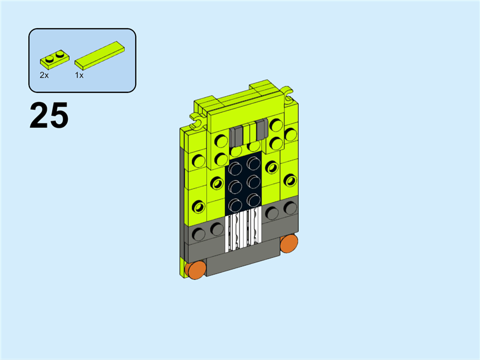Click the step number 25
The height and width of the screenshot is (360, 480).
tap(49, 115)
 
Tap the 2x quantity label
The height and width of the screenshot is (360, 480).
tap(44, 76)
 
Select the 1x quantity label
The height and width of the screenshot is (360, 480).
tap(79, 76)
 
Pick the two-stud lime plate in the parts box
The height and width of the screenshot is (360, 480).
tap(55, 59)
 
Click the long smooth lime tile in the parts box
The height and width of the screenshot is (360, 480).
tap(100, 55)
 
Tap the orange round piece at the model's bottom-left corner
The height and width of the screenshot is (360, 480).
tap(196, 269)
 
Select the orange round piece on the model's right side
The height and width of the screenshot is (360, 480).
tap(289, 244)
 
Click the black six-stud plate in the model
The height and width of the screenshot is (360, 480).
tap(244, 184)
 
